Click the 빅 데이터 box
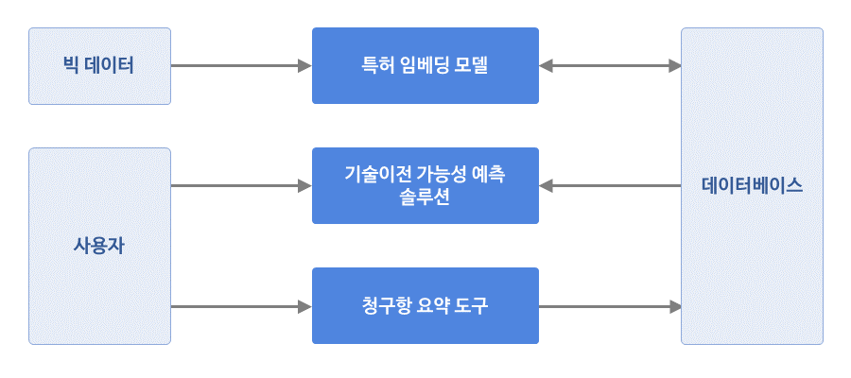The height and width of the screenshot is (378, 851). [100, 66]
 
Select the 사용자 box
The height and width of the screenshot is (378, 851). [100, 247]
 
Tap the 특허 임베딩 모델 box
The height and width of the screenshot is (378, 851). [425, 65]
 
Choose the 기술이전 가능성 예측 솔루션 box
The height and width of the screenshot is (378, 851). [425, 185]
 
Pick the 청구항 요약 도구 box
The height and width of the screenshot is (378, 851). [425, 305]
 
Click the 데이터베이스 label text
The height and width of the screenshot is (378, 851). [752, 186]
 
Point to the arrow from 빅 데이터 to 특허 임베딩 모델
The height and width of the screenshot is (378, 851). [241, 66]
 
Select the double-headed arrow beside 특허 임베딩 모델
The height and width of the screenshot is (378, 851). [610, 66]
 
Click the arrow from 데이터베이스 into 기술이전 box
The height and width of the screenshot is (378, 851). [610, 186]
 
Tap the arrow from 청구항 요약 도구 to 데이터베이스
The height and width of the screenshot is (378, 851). [610, 307]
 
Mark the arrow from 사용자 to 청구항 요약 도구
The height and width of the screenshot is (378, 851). [241, 307]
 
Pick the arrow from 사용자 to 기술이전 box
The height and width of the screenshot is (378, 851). [241, 186]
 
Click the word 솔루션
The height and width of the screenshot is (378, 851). [425, 198]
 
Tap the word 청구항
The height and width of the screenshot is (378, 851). [385, 306]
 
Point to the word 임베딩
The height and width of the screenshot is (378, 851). [425, 65]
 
